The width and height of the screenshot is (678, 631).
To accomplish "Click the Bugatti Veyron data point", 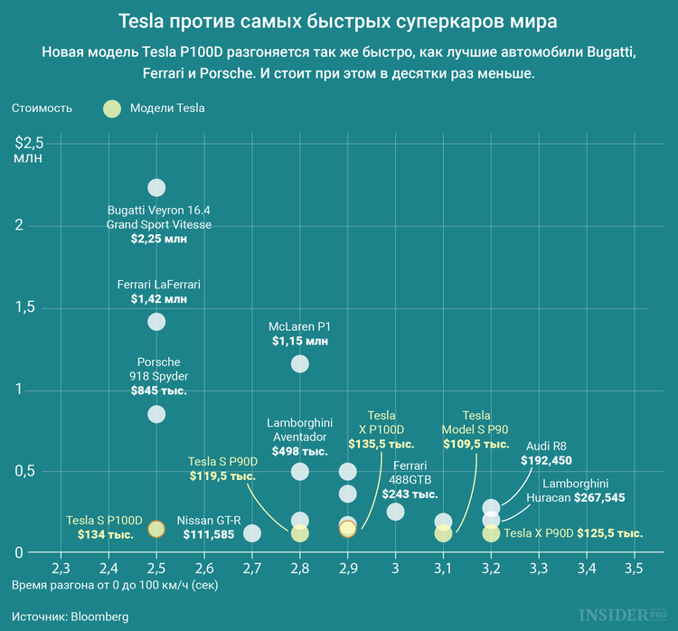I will pyautogui.click(x=156, y=188).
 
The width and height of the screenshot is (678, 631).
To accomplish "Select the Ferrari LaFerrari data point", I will pyautogui.click(x=156, y=321).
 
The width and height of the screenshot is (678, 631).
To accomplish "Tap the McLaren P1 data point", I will pyautogui.click(x=300, y=363).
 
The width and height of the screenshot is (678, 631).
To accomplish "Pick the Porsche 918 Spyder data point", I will pyautogui.click(x=156, y=414).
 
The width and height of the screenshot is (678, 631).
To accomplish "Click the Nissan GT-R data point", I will pyautogui.click(x=252, y=533).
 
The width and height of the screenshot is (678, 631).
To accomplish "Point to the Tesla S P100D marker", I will pyautogui.click(x=156, y=529).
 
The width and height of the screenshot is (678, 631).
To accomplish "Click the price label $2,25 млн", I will pyautogui.click(x=158, y=239).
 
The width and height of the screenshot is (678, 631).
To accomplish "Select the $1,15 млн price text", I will pyautogui.click(x=300, y=341).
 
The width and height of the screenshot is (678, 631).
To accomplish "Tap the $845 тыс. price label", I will pyautogui.click(x=158, y=391).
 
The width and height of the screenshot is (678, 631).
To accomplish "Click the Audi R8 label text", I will pyautogui.click(x=547, y=445).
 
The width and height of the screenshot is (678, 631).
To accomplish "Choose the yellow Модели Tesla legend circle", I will pyautogui.click(x=111, y=108).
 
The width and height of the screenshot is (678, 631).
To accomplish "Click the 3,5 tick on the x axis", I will pyautogui.click(x=634, y=569).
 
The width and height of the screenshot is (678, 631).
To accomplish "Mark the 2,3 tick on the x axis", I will pyautogui.click(x=61, y=569).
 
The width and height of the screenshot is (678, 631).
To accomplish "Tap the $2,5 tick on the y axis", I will pyautogui.click(x=29, y=143).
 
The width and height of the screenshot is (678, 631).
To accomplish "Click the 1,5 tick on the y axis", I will pyautogui.click(x=24, y=308).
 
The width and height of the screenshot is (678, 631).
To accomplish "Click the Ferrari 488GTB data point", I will pyautogui.click(x=396, y=512).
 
